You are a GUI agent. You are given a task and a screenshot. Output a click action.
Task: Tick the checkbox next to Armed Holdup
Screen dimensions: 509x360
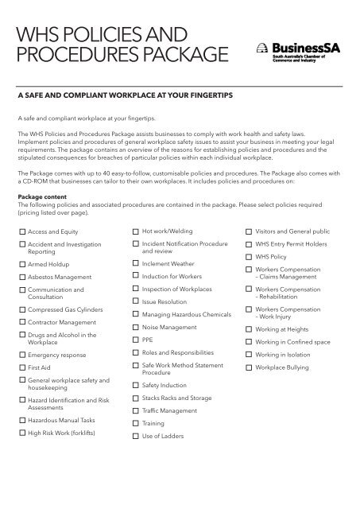[x=22, y=262]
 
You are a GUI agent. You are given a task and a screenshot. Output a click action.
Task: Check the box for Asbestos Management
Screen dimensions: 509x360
[x=22, y=276]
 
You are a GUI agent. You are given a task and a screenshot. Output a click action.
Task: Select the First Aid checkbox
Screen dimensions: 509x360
[x=22, y=368]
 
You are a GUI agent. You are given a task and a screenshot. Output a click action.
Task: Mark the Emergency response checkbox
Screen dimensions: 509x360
[x=22, y=354]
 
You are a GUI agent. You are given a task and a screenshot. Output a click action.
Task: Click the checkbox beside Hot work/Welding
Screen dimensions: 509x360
[x=136, y=231]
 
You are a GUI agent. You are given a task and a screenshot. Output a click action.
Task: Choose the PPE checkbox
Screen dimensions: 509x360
[x=136, y=338]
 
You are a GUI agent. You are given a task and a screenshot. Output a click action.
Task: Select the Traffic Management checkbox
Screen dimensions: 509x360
[x=136, y=410]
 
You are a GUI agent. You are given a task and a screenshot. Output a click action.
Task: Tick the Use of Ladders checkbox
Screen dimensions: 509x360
[x=136, y=437]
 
